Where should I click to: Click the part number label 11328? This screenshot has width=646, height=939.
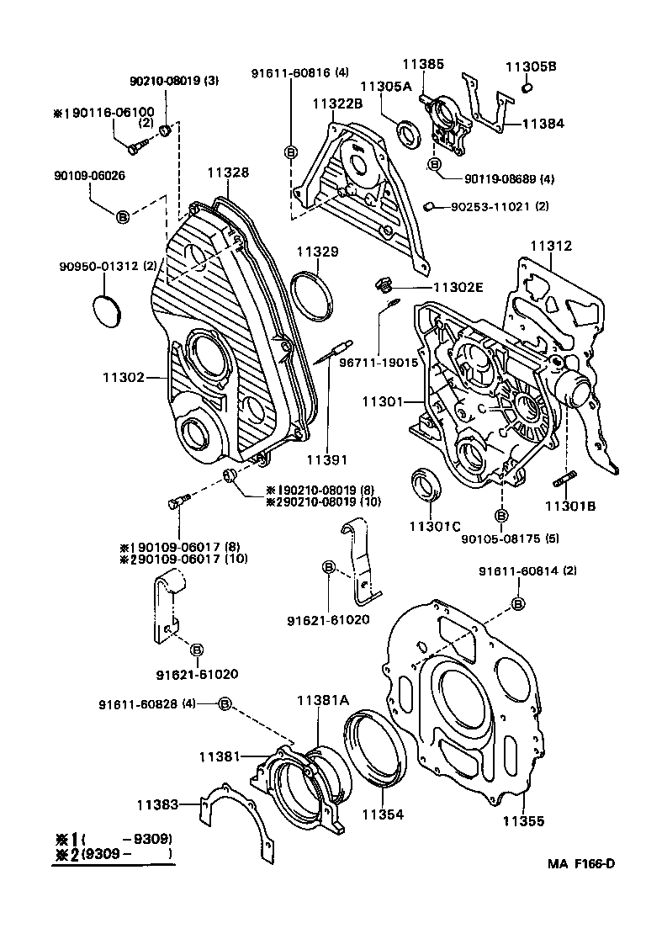[x=227, y=172]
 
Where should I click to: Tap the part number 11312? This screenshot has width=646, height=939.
[x=550, y=246]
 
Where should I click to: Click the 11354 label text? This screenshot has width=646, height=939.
[x=382, y=814]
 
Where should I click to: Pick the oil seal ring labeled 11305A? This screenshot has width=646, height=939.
[x=410, y=133]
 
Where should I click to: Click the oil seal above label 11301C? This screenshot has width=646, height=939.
[x=424, y=487]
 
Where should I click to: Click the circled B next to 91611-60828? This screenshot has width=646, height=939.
[x=225, y=703]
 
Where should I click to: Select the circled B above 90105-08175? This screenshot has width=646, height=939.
[x=501, y=515]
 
